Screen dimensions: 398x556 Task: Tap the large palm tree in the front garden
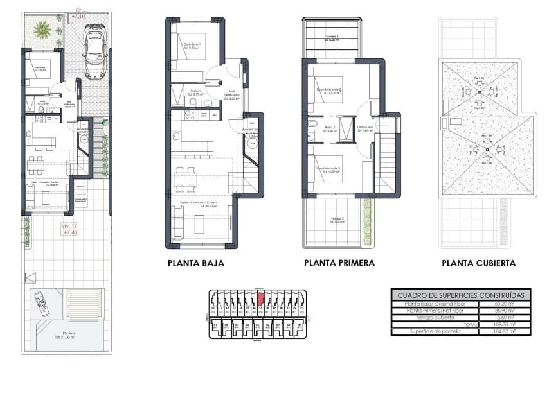coord(43,30)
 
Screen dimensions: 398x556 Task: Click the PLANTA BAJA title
coord(195,263)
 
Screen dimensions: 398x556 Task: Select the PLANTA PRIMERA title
coord(339,263)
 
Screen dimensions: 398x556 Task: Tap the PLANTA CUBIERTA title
coord(478,263)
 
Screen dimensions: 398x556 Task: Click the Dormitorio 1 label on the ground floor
coord(191,46)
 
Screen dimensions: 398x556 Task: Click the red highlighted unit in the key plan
coord(260,298)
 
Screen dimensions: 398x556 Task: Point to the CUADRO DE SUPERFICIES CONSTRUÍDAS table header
coord(461,295)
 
